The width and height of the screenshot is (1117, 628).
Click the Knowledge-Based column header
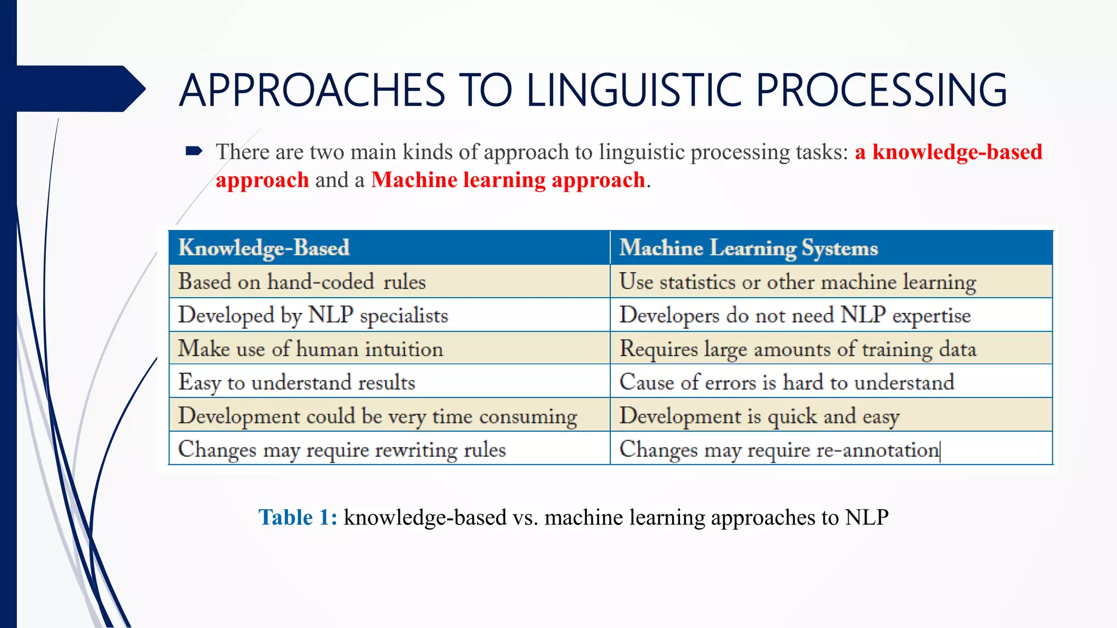point(264,248)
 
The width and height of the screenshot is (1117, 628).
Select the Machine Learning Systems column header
point(748,248)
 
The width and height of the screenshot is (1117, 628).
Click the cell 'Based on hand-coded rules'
point(302,282)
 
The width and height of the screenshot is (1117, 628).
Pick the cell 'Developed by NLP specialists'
point(313,316)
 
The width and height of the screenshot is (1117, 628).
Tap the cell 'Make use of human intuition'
point(310,349)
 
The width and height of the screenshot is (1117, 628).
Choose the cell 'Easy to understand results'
point(297,382)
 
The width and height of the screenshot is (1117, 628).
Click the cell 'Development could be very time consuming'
point(377,416)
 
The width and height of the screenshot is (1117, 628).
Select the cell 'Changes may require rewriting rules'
point(342,450)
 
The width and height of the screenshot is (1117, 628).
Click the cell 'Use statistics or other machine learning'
point(797,282)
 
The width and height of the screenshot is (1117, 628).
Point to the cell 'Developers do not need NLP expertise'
point(795,316)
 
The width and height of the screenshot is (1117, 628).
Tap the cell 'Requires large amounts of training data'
point(797,349)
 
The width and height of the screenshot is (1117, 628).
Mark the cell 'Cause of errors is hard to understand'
point(786,382)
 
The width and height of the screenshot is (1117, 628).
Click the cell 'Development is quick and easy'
point(759,416)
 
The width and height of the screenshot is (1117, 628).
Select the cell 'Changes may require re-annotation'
point(779,450)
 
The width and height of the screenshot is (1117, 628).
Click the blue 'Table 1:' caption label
point(298,517)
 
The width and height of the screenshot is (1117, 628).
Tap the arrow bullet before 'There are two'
point(194,151)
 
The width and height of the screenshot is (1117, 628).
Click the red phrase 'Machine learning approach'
point(508,180)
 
